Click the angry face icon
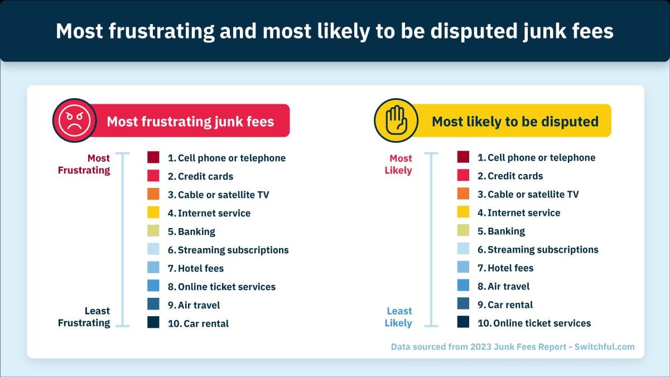[75, 120]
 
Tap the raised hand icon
[396, 120]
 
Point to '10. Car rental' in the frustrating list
[198, 323]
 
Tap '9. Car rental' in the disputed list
[505, 304]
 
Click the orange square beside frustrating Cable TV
[153, 194]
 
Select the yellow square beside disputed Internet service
[463, 212]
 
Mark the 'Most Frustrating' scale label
[84, 164]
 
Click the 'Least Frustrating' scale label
[84, 317]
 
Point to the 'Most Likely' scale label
[398, 164]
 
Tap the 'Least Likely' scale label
[398, 317]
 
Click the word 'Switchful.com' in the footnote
[605, 347]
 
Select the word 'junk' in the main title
[544, 31]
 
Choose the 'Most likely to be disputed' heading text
[515, 122]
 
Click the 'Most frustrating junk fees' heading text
[191, 122]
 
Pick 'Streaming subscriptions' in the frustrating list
[233, 250]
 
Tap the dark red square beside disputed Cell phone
[463, 157]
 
